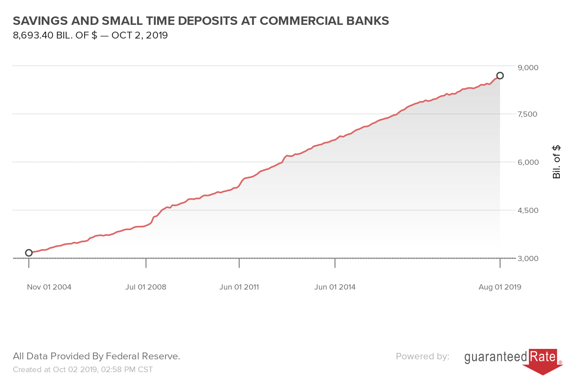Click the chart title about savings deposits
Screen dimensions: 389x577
tap(201, 21)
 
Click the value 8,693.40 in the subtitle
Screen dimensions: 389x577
tap(33, 35)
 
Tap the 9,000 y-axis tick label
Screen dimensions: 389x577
tap(528, 67)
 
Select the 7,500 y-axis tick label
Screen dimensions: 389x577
tap(527, 114)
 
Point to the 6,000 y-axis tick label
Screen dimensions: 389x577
tap(528, 162)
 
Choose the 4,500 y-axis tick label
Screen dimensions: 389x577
tap(528, 210)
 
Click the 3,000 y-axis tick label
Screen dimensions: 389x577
tap(528, 258)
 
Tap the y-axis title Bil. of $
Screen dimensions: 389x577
tap(557, 162)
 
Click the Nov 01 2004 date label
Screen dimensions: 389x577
tap(49, 287)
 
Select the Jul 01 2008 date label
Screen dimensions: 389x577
tap(145, 287)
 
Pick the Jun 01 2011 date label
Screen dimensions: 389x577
tap(239, 287)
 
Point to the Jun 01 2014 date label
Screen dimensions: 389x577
tap(335, 287)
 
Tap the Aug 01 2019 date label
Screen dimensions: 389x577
tap(500, 287)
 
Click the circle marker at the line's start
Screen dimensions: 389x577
tap(29, 253)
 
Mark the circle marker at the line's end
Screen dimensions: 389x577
tap(500, 76)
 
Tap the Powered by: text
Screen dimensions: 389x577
tap(422, 356)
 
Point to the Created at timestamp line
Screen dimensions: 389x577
tap(83, 369)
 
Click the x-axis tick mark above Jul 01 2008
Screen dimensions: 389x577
tap(146, 263)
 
